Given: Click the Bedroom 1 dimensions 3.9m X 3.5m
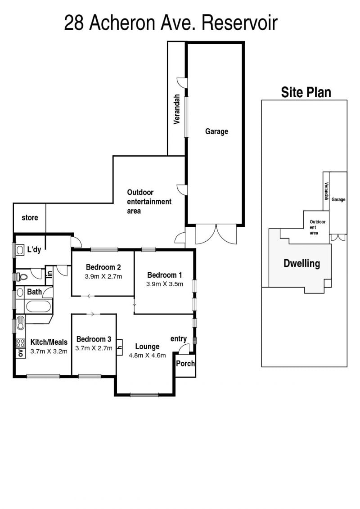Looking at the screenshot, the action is (165, 284).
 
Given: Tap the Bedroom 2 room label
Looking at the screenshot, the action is (103, 267).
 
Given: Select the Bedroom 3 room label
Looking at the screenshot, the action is (94, 339).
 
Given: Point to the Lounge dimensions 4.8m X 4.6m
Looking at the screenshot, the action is (148, 356).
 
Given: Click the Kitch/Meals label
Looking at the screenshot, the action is (49, 342).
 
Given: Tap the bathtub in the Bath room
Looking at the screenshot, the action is (38, 306).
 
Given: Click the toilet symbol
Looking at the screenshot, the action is (22, 277).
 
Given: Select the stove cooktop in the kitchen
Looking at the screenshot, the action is (20, 343).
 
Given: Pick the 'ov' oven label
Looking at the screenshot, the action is (21, 353).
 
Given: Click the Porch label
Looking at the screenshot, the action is (185, 363).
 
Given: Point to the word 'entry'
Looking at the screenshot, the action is (179, 339).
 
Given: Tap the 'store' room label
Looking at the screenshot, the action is (30, 217).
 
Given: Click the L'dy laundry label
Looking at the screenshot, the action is (34, 250).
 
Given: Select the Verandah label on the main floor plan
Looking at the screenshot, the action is (177, 109).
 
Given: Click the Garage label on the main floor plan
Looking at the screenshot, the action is (216, 131).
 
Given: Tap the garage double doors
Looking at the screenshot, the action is (216, 234).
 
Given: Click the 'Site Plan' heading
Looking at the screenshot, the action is (306, 92).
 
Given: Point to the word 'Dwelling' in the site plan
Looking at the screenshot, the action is (302, 263).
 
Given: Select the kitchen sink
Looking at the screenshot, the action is (20, 322).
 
